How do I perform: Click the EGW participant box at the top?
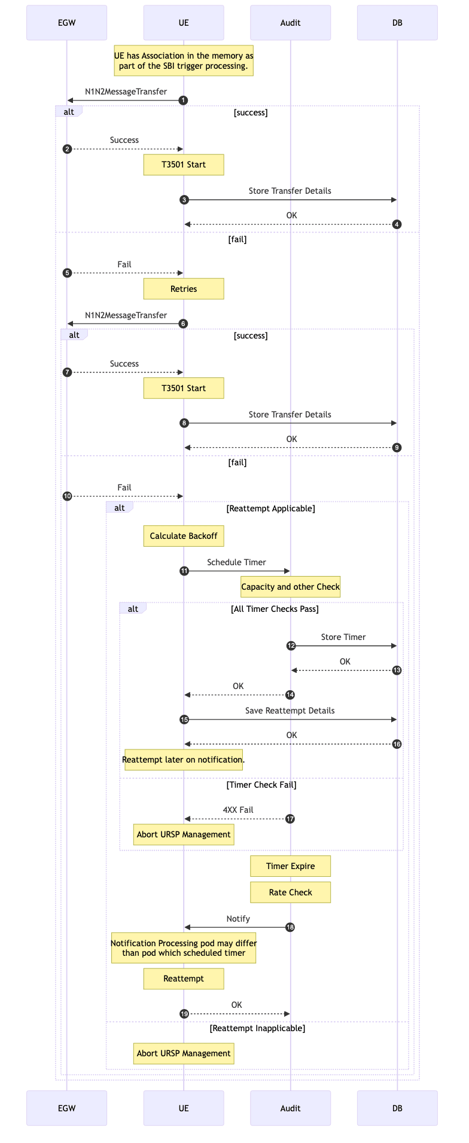pos(66,23)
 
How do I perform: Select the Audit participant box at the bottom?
pos(290,1108)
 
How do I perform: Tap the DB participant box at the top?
pos(397,23)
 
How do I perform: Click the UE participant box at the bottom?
pos(184,1108)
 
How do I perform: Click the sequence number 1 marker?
pos(184,100)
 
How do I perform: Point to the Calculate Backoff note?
pos(184,536)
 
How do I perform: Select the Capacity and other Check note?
pos(290,587)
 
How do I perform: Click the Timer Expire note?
pos(290,866)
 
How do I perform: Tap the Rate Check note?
pos(290,892)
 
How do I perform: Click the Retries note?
pos(184,289)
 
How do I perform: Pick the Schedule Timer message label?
pos(236,562)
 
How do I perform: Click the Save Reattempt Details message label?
pos(290,711)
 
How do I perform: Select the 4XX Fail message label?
pos(238,810)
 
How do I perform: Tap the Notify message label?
pos(238,919)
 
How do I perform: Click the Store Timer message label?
pos(343,637)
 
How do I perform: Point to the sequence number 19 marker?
pos(184,1014)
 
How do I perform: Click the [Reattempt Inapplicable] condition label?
pos(257,1028)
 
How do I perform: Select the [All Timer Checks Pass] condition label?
pos(275,609)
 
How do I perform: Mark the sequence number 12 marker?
pos(291,646)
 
